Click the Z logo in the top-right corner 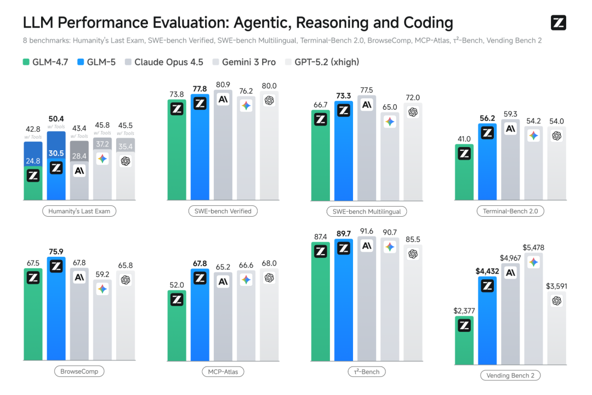click(558, 23)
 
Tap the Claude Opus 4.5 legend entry click(164, 62)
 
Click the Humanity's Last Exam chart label click(79, 211)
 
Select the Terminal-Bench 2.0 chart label click(510, 211)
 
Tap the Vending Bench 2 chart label click(510, 375)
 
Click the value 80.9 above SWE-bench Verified click(223, 85)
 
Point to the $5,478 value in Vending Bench click(533, 247)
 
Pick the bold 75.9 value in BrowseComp click(56, 252)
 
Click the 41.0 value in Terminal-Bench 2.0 click(464, 139)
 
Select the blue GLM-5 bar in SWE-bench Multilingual click(344, 148)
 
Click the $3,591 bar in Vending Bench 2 click(556, 329)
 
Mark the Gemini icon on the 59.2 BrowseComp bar click(103, 289)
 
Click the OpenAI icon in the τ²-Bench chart click(413, 253)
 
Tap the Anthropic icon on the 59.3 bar click(510, 129)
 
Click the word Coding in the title click(422, 23)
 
